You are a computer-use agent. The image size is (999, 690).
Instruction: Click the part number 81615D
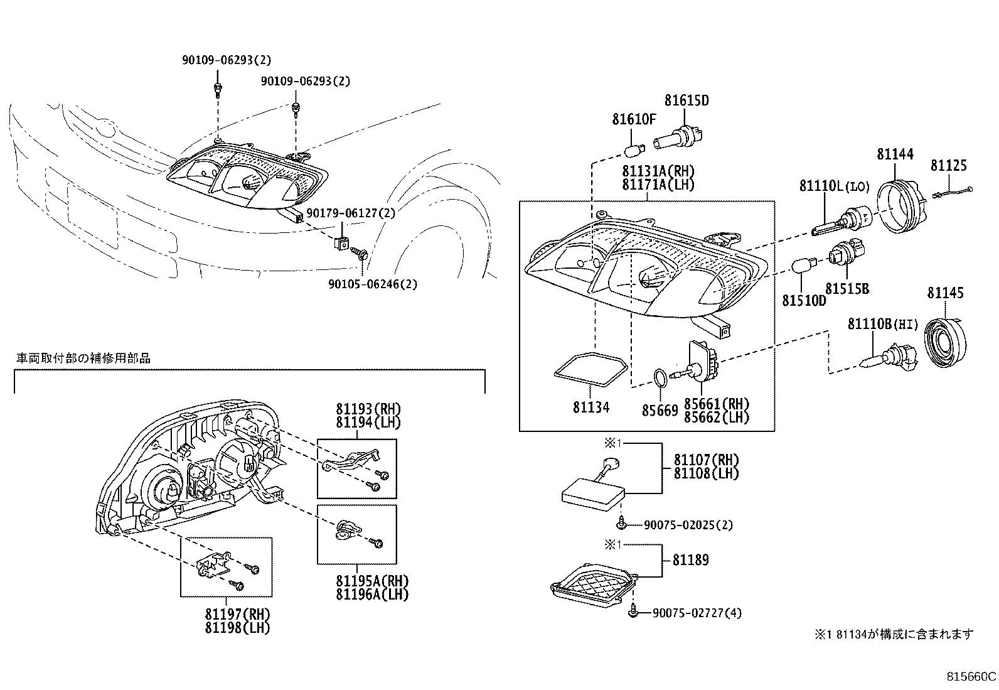point(686,100)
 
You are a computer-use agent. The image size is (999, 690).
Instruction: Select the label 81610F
point(634,119)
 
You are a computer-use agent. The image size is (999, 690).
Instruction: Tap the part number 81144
point(895,154)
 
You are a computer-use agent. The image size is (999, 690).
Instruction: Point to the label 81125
point(948,166)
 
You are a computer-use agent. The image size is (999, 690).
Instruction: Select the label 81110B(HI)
point(882,325)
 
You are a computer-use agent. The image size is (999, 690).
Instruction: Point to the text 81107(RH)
point(706,460)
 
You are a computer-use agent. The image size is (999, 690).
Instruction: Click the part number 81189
point(691,560)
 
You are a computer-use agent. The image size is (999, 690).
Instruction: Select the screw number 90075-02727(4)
point(697,613)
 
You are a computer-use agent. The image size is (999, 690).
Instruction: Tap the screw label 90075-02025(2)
point(688,525)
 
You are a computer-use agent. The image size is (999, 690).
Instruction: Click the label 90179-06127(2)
point(351,213)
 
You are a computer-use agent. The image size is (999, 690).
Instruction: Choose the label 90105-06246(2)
point(373,284)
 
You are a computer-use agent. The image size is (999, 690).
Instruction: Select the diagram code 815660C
point(971,677)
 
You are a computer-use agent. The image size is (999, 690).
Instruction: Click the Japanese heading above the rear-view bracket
point(83,358)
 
